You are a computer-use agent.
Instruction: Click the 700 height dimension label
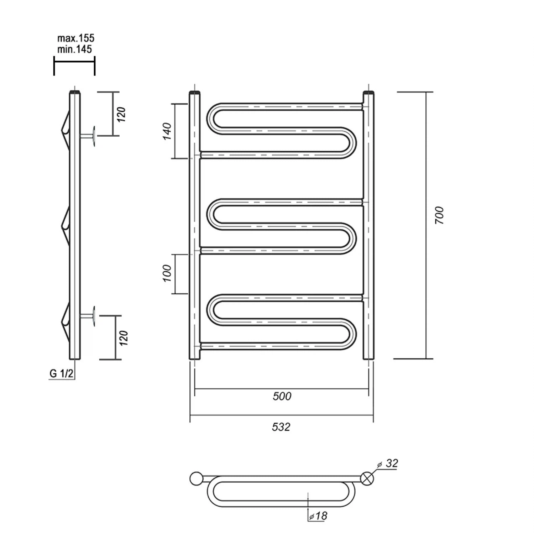[440, 215]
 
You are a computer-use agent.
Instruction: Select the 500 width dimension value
[282, 396]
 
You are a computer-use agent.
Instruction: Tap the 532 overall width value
[281, 427]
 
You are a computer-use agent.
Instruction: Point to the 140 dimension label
[167, 131]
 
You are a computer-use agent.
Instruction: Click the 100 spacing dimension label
[167, 273]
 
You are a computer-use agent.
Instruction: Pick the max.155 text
[76, 38]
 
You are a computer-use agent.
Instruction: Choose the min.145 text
[75, 49]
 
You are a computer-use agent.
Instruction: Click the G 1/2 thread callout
[61, 373]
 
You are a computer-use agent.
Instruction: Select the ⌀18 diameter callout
[318, 515]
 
